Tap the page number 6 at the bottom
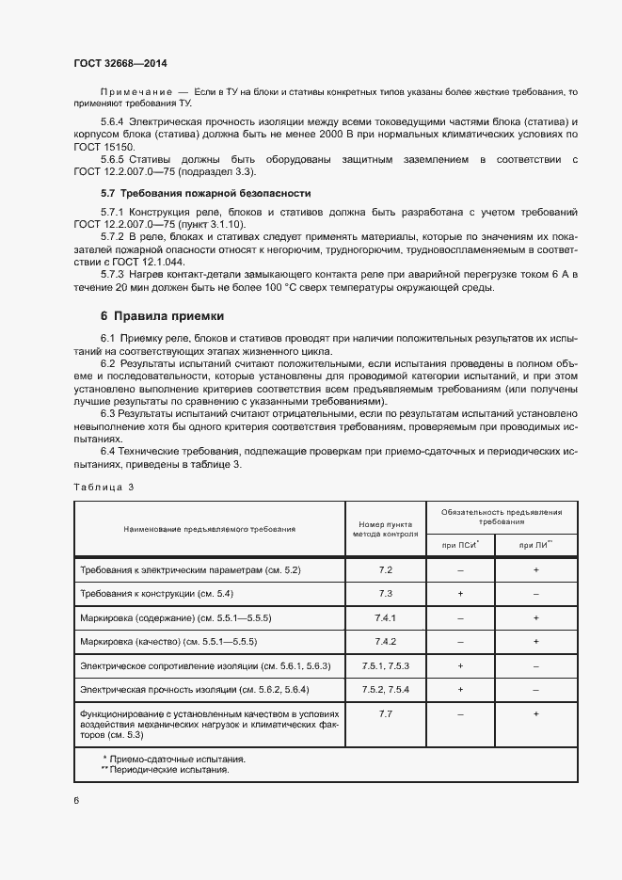click(x=77, y=799)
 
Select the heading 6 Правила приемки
click(x=162, y=315)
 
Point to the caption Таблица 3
click(x=104, y=487)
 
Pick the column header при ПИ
click(x=534, y=544)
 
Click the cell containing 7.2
click(x=385, y=570)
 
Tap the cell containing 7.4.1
click(x=385, y=617)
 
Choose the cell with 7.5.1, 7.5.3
click(x=385, y=665)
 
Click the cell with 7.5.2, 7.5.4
click(x=385, y=689)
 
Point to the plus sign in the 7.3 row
click(x=460, y=594)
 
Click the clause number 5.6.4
click(x=112, y=123)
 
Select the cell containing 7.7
click(x=385, y=714)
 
